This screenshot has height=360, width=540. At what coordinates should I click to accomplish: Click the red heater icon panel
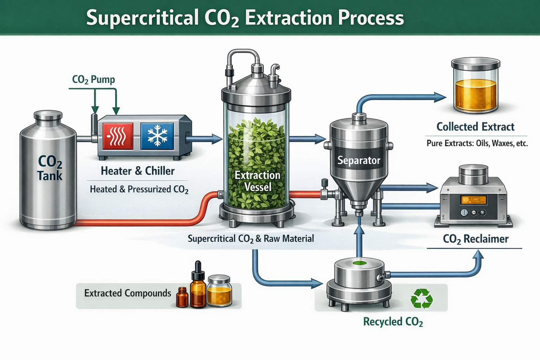118,136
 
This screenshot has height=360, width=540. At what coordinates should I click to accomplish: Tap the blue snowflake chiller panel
157,136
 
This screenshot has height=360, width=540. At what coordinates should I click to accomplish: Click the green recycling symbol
422,298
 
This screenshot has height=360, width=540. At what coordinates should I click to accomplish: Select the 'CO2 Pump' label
94,79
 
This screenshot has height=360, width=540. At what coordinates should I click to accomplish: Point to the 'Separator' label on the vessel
359,161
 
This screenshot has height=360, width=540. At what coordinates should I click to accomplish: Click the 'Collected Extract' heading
475,127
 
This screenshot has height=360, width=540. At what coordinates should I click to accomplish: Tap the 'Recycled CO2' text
393,322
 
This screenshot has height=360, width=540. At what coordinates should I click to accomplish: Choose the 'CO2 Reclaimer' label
475,239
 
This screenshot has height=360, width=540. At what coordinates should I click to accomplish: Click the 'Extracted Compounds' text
128,293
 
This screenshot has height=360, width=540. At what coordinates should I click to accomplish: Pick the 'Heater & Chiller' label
137,171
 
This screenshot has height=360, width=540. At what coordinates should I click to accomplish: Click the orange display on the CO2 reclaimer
473,200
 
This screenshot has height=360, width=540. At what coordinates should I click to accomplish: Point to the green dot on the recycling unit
359,263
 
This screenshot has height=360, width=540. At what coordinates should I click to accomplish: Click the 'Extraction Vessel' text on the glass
258,181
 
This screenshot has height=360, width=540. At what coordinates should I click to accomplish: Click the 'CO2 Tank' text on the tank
50,168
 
